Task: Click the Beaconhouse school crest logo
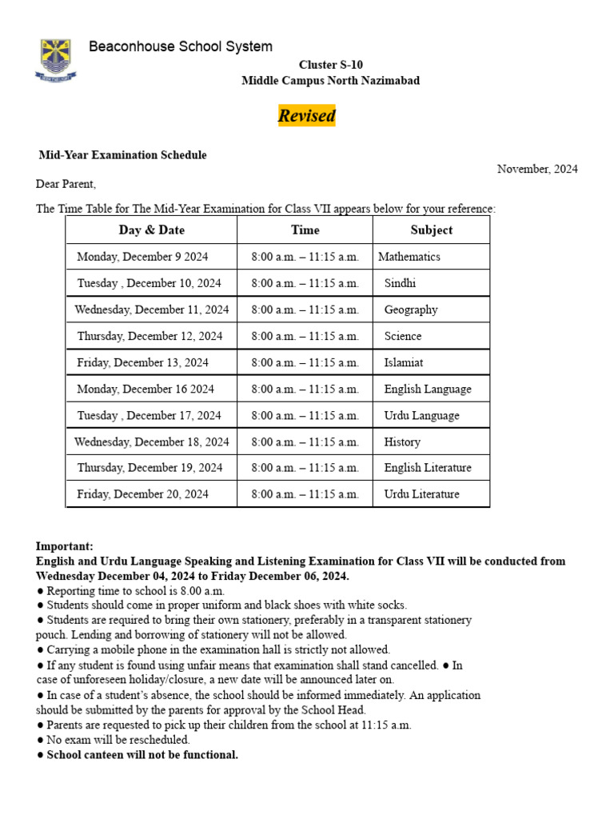click(56, 58)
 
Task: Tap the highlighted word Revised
click(306, 116)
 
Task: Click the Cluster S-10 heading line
click(330, 65)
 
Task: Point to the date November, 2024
click(537, 169)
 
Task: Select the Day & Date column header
click(151, 230)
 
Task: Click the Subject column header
click(431, 230)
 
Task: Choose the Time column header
click(305, 230)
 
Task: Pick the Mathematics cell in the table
click(409, 257)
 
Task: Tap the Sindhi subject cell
click(400, 283)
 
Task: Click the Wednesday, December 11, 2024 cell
click(151, 310)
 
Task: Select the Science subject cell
click(403, 336)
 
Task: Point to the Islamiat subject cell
click(404, 362)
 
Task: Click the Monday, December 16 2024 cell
click(146, 389)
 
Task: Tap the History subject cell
click(402, 441)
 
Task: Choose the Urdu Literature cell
click(421, 494)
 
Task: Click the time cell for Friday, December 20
click(305, 494)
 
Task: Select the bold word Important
click(64, 546)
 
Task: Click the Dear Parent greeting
click(66, 184)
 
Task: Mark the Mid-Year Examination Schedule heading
click(123, 155)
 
